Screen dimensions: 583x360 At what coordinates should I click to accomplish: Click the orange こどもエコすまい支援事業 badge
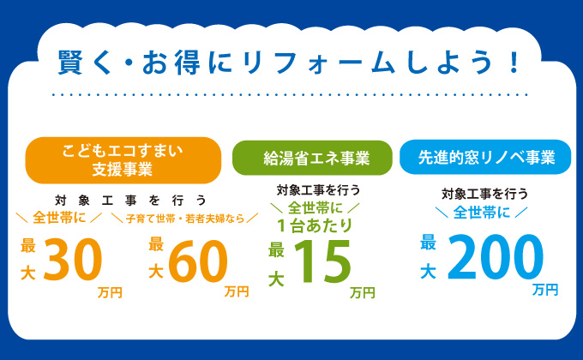pos(123,160)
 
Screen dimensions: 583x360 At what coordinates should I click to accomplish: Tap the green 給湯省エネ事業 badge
pos(312,158)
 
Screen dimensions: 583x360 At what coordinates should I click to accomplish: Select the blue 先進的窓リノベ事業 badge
pos(485,157)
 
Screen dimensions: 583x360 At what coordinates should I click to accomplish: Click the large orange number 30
pos(73,260)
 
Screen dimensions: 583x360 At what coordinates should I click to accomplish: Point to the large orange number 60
pos(198,261)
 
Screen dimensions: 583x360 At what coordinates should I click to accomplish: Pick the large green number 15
pos(322,261)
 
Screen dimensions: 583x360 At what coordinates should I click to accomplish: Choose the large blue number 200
pos(496,257)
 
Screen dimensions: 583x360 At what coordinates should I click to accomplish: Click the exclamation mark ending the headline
pos(514,62)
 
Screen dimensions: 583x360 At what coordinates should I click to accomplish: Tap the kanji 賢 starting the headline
pos(70,62)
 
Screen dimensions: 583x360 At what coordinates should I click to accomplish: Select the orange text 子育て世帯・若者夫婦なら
pos(185,219)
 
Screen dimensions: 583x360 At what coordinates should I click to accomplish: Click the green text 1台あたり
pos(315,225)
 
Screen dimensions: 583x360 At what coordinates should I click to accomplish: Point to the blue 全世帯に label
pos(482,213)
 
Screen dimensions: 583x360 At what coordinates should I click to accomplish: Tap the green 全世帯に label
pos(315,208)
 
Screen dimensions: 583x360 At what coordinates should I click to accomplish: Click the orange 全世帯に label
pos(59,218)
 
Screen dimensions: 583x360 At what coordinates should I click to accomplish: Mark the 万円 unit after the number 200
pos(545,290)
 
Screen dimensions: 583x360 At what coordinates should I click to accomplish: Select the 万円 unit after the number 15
pos(363,292)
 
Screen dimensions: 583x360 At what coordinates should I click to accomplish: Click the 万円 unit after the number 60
pos(237,291)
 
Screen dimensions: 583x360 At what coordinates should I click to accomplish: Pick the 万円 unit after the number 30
pos(110,292)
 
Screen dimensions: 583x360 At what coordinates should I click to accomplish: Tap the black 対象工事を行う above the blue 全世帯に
pos(485,194)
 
